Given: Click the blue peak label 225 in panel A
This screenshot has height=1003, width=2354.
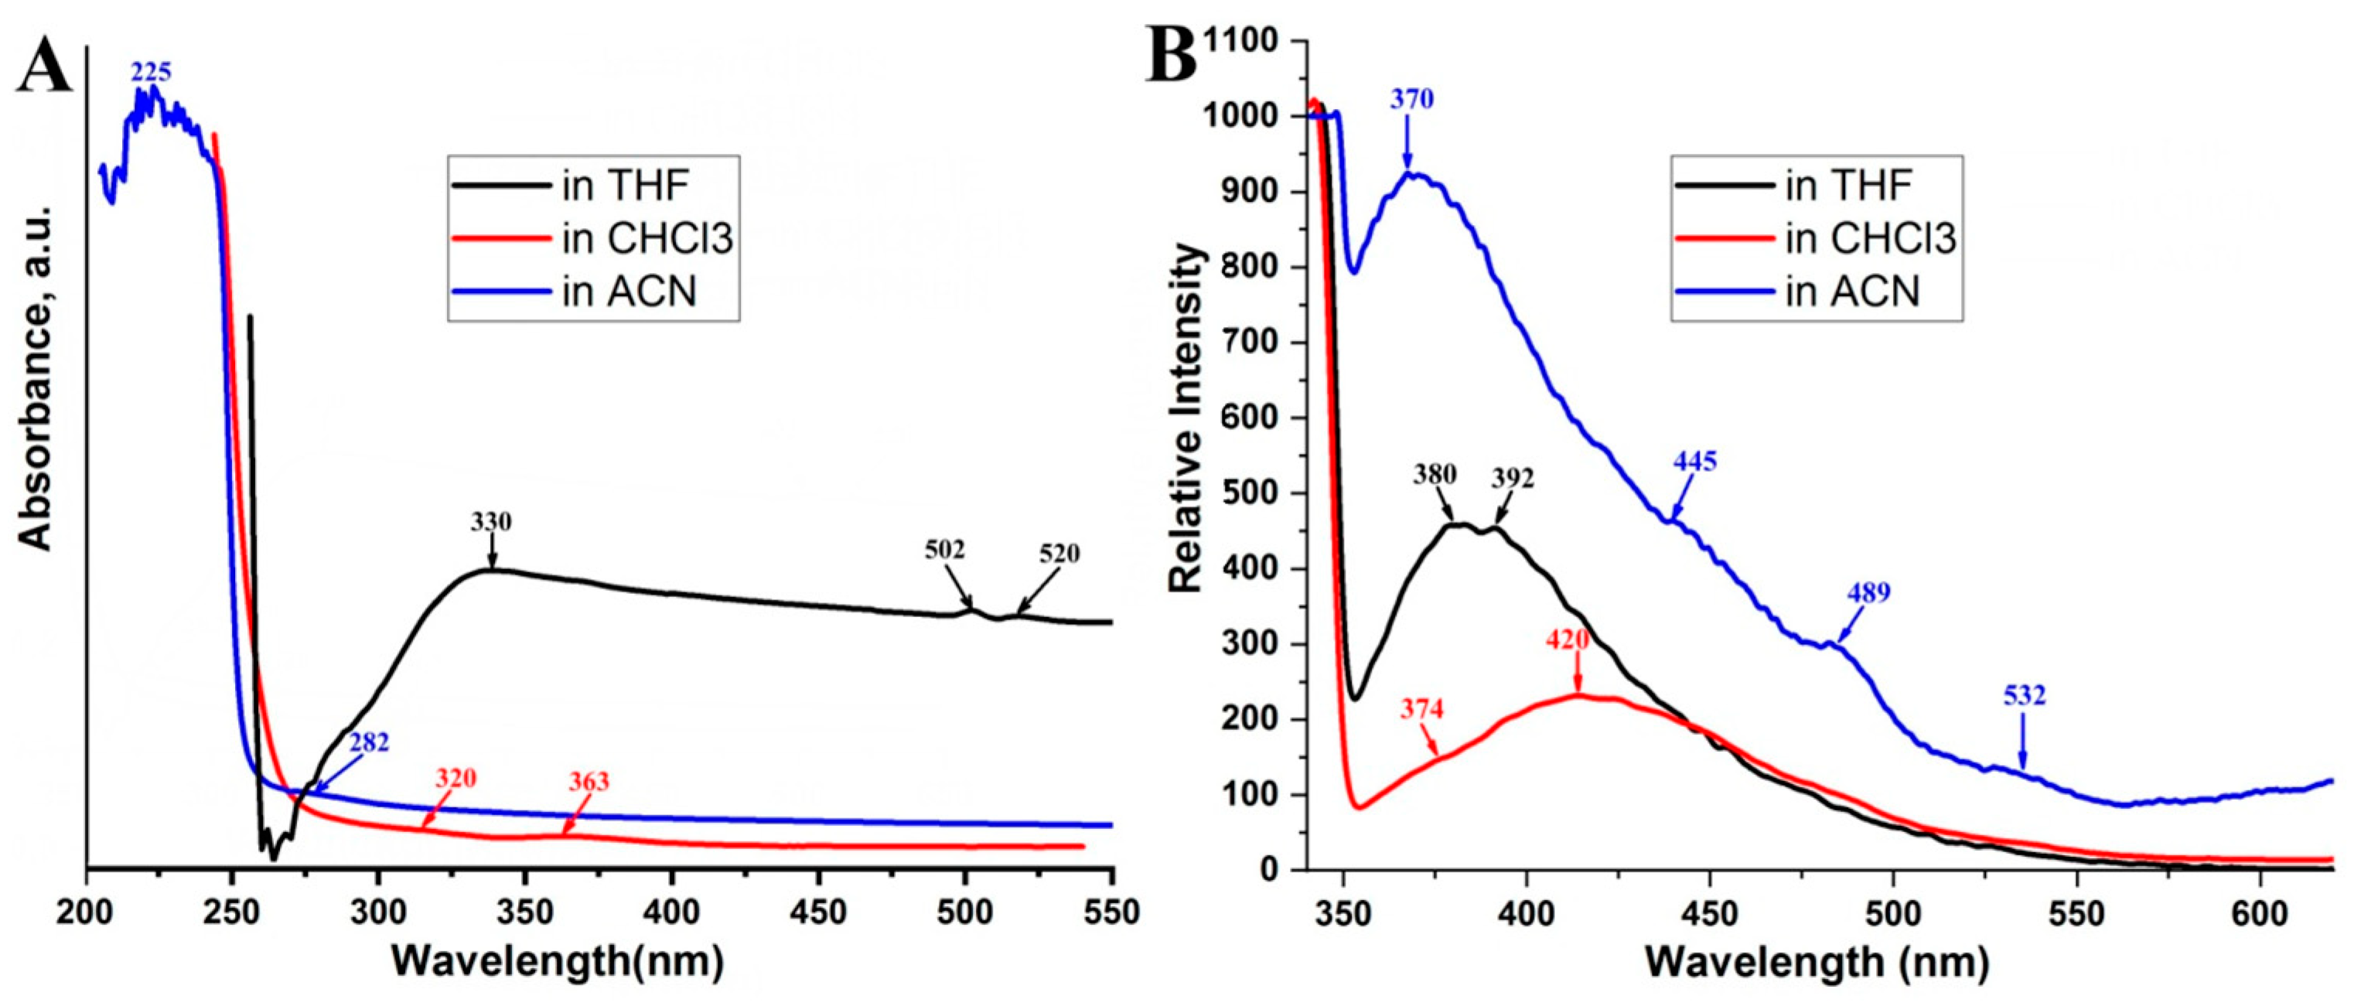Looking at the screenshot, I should [151, 72].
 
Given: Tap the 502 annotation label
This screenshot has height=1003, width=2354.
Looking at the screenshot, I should [945, 549].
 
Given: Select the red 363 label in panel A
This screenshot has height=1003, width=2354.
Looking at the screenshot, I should [588, 782].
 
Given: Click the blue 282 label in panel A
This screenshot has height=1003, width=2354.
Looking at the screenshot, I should [368, 742].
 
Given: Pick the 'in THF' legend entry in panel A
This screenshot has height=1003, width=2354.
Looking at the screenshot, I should [625, 186].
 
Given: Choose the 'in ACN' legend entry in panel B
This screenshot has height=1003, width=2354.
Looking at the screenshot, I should [1852, 292].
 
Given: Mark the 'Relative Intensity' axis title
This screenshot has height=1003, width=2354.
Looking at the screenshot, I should [1186, 418].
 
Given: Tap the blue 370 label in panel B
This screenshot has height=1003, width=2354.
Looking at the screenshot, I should [1412, 99].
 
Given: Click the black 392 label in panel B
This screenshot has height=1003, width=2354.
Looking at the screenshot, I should [1513, 479].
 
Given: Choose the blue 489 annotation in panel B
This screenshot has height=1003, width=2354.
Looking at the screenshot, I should [1868, 592].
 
